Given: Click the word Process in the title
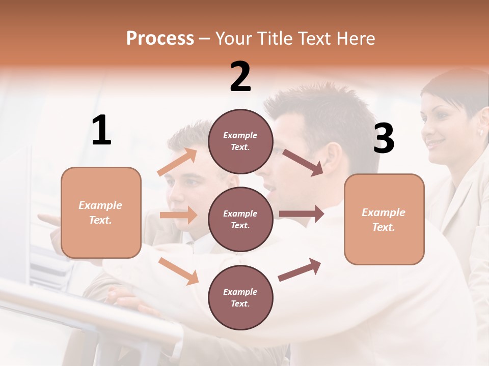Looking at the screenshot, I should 160,39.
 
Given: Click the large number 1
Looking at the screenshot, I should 101,130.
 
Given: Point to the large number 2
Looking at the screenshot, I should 240,77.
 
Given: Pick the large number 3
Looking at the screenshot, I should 384,138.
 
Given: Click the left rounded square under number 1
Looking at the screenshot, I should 101,212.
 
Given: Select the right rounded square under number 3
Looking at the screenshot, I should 384,219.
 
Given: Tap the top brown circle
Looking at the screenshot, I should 240,141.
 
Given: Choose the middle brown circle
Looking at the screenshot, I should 240,219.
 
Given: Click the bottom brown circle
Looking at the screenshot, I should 240,297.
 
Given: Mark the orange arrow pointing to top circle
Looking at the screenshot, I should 177,162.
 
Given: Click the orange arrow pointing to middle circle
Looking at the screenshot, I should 178,215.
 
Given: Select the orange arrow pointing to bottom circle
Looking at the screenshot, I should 178,271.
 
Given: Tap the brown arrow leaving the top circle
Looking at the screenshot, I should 303,162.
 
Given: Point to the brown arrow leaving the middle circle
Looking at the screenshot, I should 302,214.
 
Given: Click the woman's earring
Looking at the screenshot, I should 480,132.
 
